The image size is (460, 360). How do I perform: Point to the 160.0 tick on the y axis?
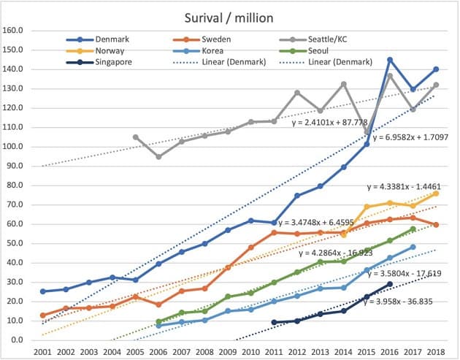tap(14, 31)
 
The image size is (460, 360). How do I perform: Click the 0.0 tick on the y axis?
tap(18, 340)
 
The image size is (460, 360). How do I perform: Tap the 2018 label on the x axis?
tap(435, 351)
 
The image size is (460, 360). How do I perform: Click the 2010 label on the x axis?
tap(251, 351)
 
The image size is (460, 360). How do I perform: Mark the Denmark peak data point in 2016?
tap(390, 60)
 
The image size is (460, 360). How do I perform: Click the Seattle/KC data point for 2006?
tap(159, 156)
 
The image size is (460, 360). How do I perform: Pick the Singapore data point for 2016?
tap(390, 283)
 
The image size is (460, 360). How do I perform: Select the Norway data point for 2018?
tap(435, 194)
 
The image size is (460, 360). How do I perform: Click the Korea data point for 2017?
tap(413, 247)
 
